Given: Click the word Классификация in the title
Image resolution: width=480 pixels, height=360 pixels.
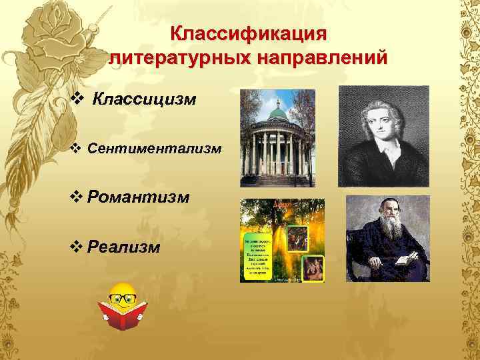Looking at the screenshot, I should point(248,33).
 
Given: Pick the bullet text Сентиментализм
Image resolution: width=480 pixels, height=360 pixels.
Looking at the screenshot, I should point(153,149).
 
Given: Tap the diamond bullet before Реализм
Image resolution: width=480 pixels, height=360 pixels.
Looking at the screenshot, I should point(75,247).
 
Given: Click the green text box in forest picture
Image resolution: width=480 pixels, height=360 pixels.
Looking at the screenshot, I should point(256,255).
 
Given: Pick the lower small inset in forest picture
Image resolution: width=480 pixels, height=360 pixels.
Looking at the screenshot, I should point(312,269).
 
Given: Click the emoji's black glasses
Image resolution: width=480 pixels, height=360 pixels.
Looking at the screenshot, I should point(121,297).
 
